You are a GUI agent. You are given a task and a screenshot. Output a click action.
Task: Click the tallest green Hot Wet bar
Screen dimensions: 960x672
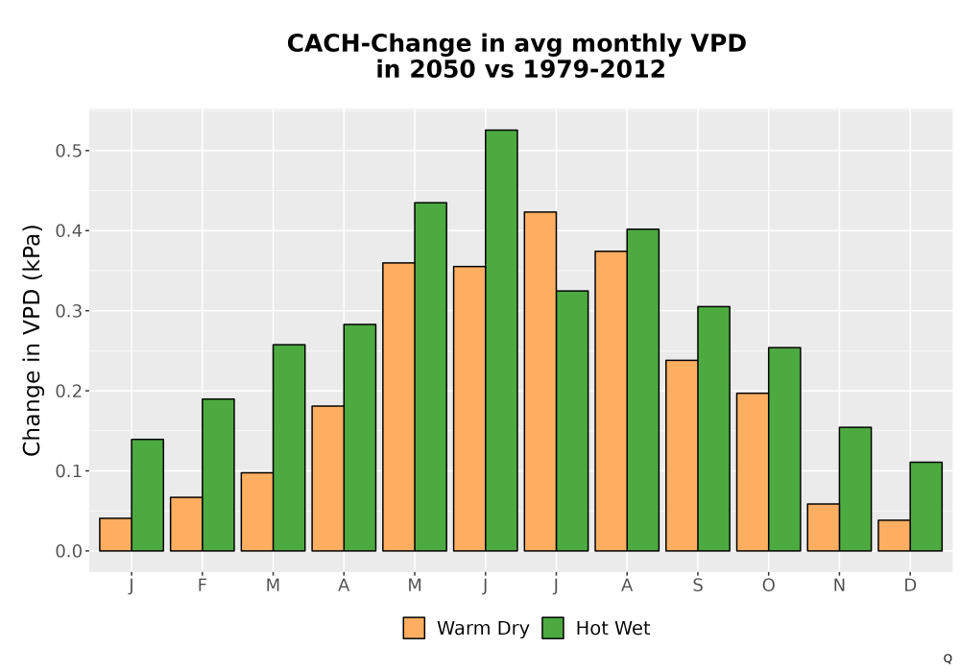[x=501, y=340]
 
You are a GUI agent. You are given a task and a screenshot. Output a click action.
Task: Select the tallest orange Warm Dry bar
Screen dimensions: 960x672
[x=540, y=381]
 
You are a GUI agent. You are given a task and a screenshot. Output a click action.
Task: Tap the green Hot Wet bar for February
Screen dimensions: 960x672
[x=218, y=475]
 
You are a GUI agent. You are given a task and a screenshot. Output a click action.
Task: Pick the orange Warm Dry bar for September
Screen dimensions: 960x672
[x=682, y=455]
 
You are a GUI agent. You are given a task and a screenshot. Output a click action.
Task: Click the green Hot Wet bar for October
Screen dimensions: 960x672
[x=784, y=449]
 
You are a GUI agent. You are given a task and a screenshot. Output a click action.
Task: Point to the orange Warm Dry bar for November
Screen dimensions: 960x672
[x=823, y=527]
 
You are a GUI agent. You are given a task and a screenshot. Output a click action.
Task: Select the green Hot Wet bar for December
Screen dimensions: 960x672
[x=925, y=506]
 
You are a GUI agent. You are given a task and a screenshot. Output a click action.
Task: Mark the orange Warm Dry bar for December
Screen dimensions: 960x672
[x=894, y=536]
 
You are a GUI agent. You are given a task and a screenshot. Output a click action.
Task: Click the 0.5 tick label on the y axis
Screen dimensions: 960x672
[x=68, y=151]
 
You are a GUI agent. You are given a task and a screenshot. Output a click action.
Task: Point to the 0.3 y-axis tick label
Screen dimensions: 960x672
[x=68, y=311]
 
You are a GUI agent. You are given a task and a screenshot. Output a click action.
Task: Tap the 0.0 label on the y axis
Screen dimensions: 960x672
[x=68, y=551]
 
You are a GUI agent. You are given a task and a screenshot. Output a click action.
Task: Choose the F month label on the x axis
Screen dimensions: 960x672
[x=202, y=586]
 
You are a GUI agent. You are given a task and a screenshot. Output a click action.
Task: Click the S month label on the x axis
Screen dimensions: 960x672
[x=697, y=586]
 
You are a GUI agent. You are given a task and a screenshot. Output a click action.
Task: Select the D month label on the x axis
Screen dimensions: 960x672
[x=910, y=586]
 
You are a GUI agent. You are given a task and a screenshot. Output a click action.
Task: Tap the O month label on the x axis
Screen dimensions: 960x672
[x=768, y=586]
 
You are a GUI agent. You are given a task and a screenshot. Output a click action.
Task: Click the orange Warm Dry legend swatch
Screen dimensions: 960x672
[x=414, y=628]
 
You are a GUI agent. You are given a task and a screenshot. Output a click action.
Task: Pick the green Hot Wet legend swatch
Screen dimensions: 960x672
[x=553, y=628]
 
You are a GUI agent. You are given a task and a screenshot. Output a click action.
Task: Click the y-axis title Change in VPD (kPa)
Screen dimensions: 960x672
[x=32, y=340]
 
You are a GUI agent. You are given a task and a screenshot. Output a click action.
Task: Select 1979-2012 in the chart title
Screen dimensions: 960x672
[x=594, y=69]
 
